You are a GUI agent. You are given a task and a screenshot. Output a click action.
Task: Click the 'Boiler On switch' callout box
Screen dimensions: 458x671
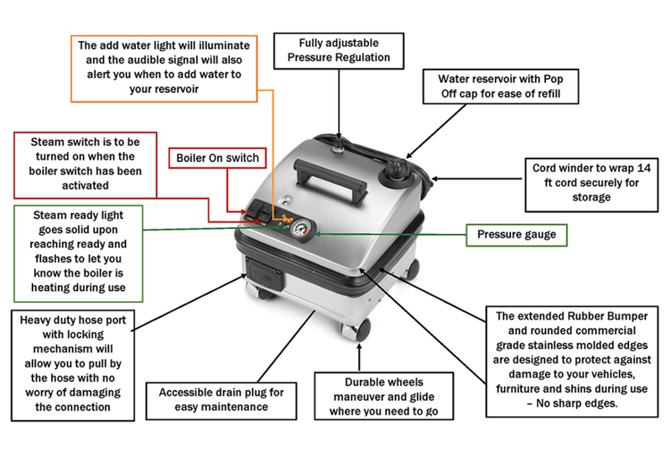click(218, 158)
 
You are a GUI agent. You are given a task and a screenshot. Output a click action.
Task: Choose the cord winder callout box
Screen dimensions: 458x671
click(592, 184)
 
